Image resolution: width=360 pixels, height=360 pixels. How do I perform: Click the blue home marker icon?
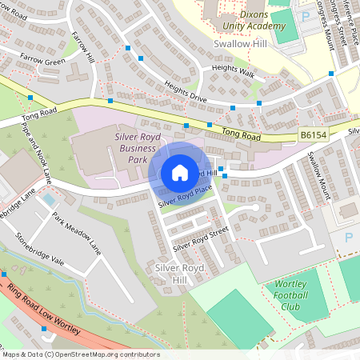pos(180,173)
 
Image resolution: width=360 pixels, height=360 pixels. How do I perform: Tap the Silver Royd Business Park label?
pos(128,148)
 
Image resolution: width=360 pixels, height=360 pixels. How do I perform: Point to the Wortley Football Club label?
pos(298,294)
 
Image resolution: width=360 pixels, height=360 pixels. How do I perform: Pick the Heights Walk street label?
pos(232,72)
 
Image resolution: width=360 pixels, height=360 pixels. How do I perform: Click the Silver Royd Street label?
pos(201,237)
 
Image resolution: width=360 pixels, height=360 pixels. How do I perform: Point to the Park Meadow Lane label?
pos(78,231)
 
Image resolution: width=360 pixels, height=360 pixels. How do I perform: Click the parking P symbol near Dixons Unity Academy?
pos(305,16)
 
